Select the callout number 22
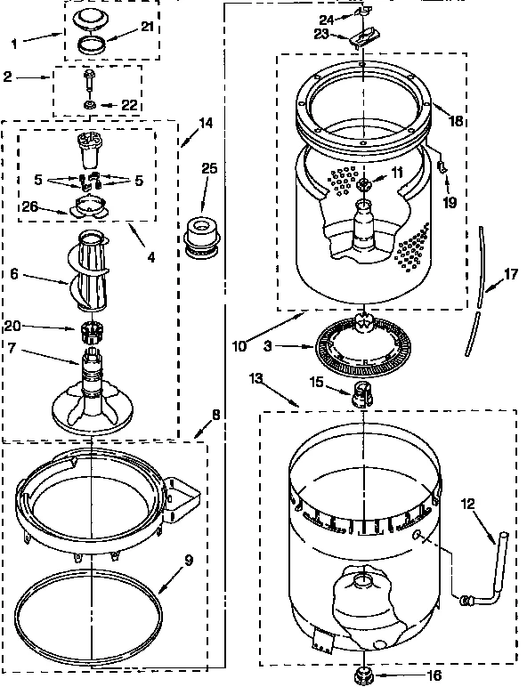point(129,105)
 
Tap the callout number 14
point(206,124)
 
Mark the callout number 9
point(188,561)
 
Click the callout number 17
point(510,274)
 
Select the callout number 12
point(467,504)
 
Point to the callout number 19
point(450,202)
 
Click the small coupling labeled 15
point(363,392)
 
